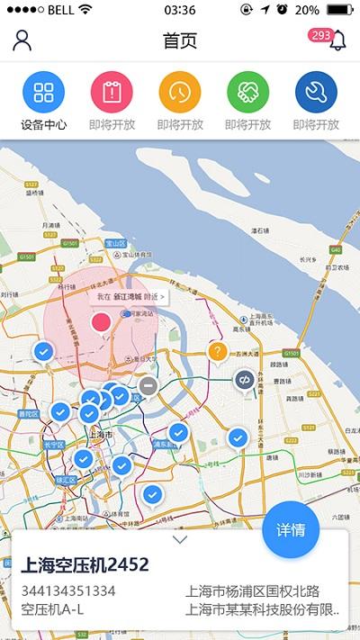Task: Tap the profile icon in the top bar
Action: (22, 40)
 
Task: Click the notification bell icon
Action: (337, 41)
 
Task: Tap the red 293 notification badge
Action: (319, 35)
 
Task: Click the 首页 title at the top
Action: (180, 41)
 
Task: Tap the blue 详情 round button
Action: (291, 529)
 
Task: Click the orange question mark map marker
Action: (217, 351)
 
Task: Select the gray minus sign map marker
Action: (148, 387)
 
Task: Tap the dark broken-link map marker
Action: (244, 380)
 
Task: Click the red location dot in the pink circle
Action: (101, 321)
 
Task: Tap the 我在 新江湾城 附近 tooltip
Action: (130, 295)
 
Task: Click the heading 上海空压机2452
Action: (85, 565)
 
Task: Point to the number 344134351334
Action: (68, 591)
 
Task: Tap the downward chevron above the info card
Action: (180, 540)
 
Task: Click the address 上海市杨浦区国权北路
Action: (253, 591)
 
